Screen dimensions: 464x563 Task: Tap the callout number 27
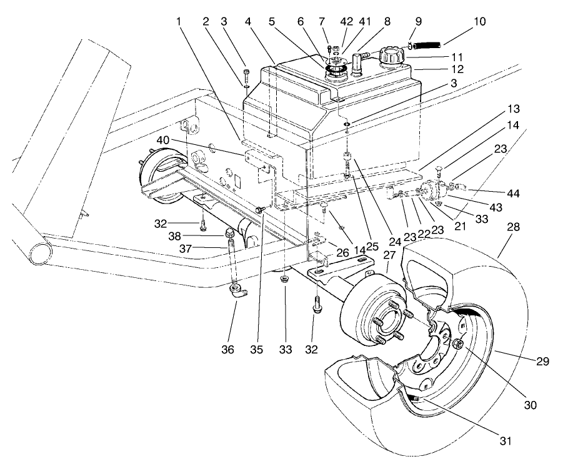pyautogui.click(x=389, y=255)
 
